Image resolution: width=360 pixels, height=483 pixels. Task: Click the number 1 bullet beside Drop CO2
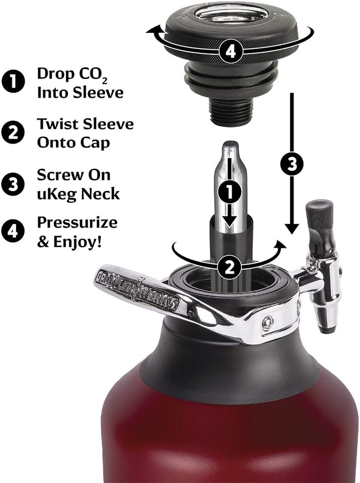(x=14, y=82)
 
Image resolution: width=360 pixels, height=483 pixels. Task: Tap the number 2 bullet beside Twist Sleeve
(x=14, y=133)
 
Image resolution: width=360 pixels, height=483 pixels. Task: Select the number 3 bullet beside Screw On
(x=14, y=184)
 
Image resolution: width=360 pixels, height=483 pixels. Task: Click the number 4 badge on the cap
(x=231, y=50)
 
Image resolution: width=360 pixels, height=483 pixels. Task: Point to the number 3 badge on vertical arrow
(x=292, y=164)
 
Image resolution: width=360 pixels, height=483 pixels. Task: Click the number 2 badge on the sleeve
(x=229, y=267)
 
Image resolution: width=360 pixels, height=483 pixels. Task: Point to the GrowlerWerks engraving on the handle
(x=137, y=289)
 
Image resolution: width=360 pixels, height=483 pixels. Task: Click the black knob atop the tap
(x=319, y=215)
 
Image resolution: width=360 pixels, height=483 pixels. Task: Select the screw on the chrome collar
(x=268, y=323)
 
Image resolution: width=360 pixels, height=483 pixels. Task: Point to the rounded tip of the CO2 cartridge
(x=229, y=145)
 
